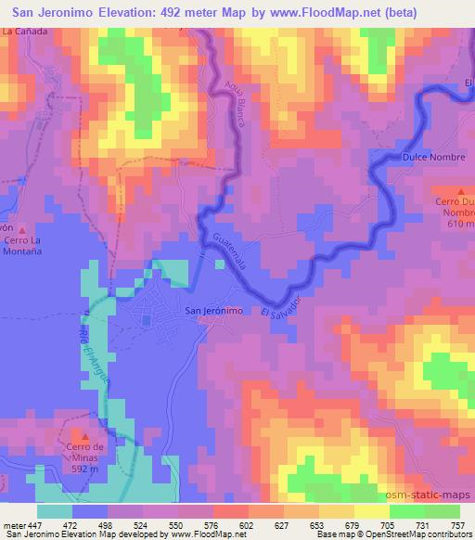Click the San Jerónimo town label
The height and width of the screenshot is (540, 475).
click(x=214, y=312)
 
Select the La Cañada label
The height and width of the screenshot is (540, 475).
click(x=25, y=31)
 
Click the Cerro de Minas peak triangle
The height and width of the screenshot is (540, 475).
click(x=84, y=435)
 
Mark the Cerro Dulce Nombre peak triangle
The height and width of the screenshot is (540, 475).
click(x=461, y=190)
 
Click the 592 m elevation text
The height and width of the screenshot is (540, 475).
click(x=84, y=467)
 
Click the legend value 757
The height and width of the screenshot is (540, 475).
click(x=456, y=524)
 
